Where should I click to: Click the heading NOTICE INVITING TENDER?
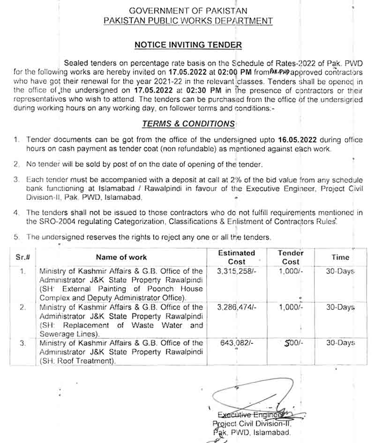pyautogui.click(x=188, y=45)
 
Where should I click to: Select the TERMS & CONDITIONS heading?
pyautogui.click(x=188, y=123)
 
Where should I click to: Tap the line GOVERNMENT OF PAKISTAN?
pyautogui.click(x=188, y=10)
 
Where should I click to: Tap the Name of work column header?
pyautogui.click(x=121, y=257)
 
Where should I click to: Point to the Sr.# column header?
pyautogui.click(x=23, y=257)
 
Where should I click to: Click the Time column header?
pyautogui.click(x=340, y=257)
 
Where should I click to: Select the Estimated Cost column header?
pyautogui.click(x=236, y=257)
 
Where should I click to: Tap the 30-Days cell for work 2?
pyautogui.click(x=340, y=307)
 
